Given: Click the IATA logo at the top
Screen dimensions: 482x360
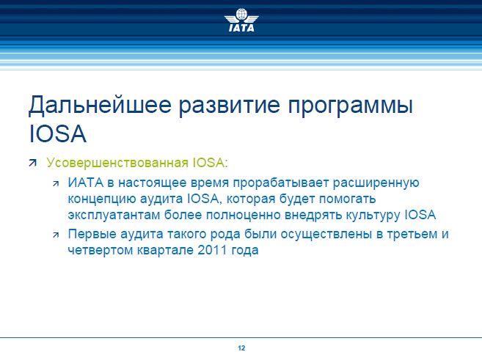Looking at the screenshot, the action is (x=241, y=20).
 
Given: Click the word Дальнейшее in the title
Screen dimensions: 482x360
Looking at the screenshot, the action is (x=100, y=106).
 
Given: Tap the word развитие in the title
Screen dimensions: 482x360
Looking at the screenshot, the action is (x=230, y=106).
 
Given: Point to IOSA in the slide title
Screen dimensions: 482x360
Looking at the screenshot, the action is (x=57, y=134).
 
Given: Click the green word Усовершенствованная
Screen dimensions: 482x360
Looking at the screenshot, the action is (x=117, y=163).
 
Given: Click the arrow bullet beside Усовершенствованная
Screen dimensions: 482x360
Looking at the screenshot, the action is (x=32, y=163).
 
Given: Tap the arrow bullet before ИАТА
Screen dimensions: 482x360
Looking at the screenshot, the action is (x=56, y=184).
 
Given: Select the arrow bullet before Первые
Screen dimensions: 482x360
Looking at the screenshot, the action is (x=56, y=235).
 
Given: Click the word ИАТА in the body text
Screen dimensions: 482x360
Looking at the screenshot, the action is (x=86, y=183).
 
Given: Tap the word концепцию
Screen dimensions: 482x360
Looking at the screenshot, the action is (x=102, y=199).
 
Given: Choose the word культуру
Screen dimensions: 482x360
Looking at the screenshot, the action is (x=373, y=216).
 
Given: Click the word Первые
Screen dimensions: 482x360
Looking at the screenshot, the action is (x=92, y=235).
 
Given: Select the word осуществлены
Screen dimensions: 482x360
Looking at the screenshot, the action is (x=326, y=235).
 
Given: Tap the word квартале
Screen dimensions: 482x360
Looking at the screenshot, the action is (x=165, y=251).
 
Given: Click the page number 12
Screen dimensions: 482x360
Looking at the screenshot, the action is (x=241, y=348).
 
